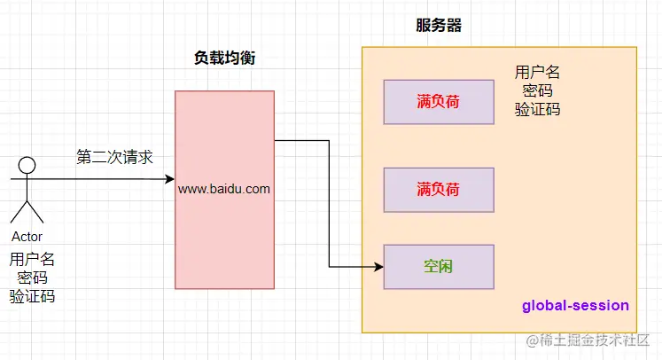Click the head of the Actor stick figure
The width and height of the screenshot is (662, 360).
[x=27, y=164]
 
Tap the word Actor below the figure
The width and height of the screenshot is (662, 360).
[x=27, y=237]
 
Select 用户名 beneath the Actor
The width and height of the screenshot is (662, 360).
[x=32, y=259]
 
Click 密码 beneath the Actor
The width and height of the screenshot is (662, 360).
[x=32, y=278]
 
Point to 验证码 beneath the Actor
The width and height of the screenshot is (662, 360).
[x=32, y=296]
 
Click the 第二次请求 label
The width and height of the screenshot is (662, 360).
[x=114, y=157]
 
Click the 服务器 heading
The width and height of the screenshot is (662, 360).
[x=438, y=26]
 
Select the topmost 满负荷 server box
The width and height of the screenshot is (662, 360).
[x=438, y=101]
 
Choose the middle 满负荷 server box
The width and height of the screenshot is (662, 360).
[x=438, y=189]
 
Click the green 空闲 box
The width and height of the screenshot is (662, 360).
[x=438, y=266]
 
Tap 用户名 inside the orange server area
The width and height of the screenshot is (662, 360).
[x=537, y=72]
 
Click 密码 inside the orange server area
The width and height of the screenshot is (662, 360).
[x=537, y=90]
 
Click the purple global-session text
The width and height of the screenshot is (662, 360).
[x=575, y=305]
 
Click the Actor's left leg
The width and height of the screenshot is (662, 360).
[x=18, y=212]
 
